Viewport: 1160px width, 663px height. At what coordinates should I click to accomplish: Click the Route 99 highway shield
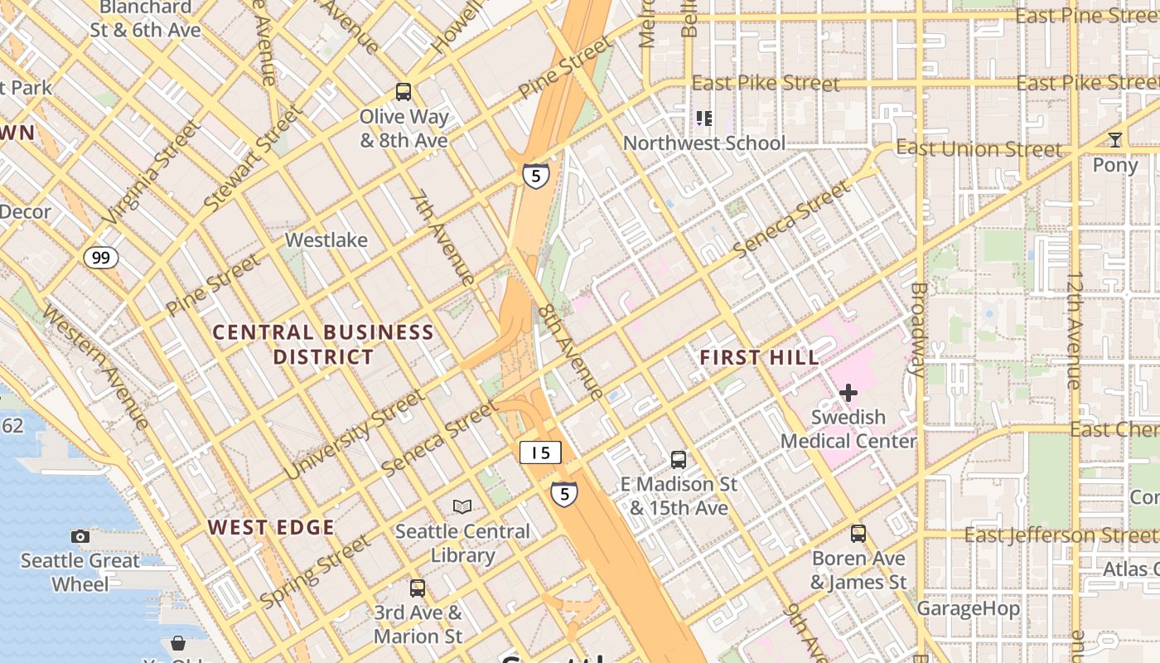(x=100, y=258)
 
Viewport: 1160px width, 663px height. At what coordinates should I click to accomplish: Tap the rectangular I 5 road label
(x=540, y=452)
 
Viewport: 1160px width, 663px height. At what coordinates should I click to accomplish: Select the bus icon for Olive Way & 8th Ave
(x=404, y=91)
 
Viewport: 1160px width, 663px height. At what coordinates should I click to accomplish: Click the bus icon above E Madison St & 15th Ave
(x=679, y=459)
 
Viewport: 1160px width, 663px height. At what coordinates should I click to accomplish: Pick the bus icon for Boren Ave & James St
(x=858, y=533)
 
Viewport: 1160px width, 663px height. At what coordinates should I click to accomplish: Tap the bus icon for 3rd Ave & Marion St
(x=418, y=588)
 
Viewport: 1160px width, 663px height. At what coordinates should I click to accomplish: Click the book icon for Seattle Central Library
(x=462, y=506)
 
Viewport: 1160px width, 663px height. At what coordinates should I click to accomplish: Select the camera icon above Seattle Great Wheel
(x=80, y=536)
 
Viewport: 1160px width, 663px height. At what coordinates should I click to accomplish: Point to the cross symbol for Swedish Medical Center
(x=848, y=392)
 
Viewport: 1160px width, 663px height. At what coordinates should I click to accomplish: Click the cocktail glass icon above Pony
(x=1115, y=139)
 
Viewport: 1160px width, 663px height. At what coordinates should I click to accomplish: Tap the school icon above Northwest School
(x=704, y=119)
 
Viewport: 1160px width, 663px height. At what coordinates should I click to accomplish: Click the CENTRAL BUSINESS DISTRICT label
(x=323, y=345)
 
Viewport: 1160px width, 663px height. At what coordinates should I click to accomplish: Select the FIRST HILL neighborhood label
(x=759, y=358)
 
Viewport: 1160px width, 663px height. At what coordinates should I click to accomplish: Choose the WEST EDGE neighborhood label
(x=271, y=527)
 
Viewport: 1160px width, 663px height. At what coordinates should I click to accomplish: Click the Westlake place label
(x=326, y=240)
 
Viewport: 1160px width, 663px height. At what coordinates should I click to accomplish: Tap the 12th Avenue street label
(x=1075, y=330)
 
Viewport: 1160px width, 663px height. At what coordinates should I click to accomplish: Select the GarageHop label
(x=968, y=609)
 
